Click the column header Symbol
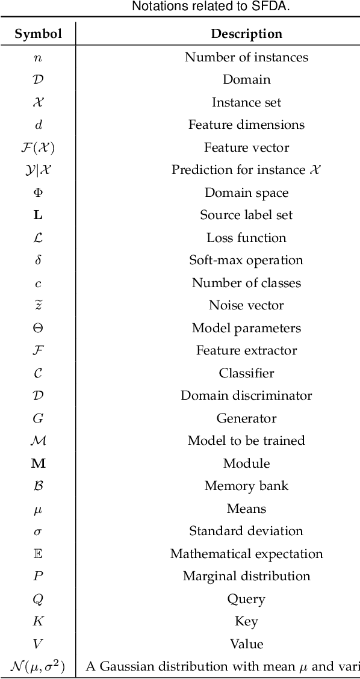tap(38, 34)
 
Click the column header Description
tap(246, 34)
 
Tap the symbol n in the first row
tap(38, 57)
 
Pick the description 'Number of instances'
tap(246, 57)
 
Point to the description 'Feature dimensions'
tap(246, 125)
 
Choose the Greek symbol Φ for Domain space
tap(38, 193)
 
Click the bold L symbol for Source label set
tap(38, 215)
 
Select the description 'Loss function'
tap(246, 238)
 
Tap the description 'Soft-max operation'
tap(246, 260)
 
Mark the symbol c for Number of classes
tap(38, 283)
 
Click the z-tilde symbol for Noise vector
tap(38, 305)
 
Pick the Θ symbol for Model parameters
tap(38, 328)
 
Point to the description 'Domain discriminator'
tap(246, 395)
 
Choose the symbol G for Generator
tap(38, 418)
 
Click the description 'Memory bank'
tap(246, 486)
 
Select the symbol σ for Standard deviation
tap(38, 532)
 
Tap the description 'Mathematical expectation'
tap(246, 554)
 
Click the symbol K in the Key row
tap(38, 621)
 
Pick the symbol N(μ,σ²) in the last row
tap(38, 666)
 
